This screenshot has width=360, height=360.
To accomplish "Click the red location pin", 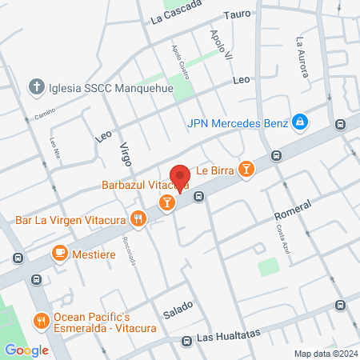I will [180, 177].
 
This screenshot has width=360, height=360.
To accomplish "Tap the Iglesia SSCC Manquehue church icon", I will [36, 86].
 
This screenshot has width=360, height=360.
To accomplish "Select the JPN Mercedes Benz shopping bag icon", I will [299, 122].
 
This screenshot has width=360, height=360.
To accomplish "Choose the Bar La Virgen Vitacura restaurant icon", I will [139, 218].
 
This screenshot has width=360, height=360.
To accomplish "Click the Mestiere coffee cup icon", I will [59, 253].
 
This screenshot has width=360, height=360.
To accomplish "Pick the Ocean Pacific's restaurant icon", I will [41, 321].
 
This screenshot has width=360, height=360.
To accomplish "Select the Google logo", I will [26, 350].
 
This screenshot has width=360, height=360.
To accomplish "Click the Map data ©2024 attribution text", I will [324, 354].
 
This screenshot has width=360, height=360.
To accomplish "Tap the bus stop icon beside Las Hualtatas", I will [186, 340].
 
